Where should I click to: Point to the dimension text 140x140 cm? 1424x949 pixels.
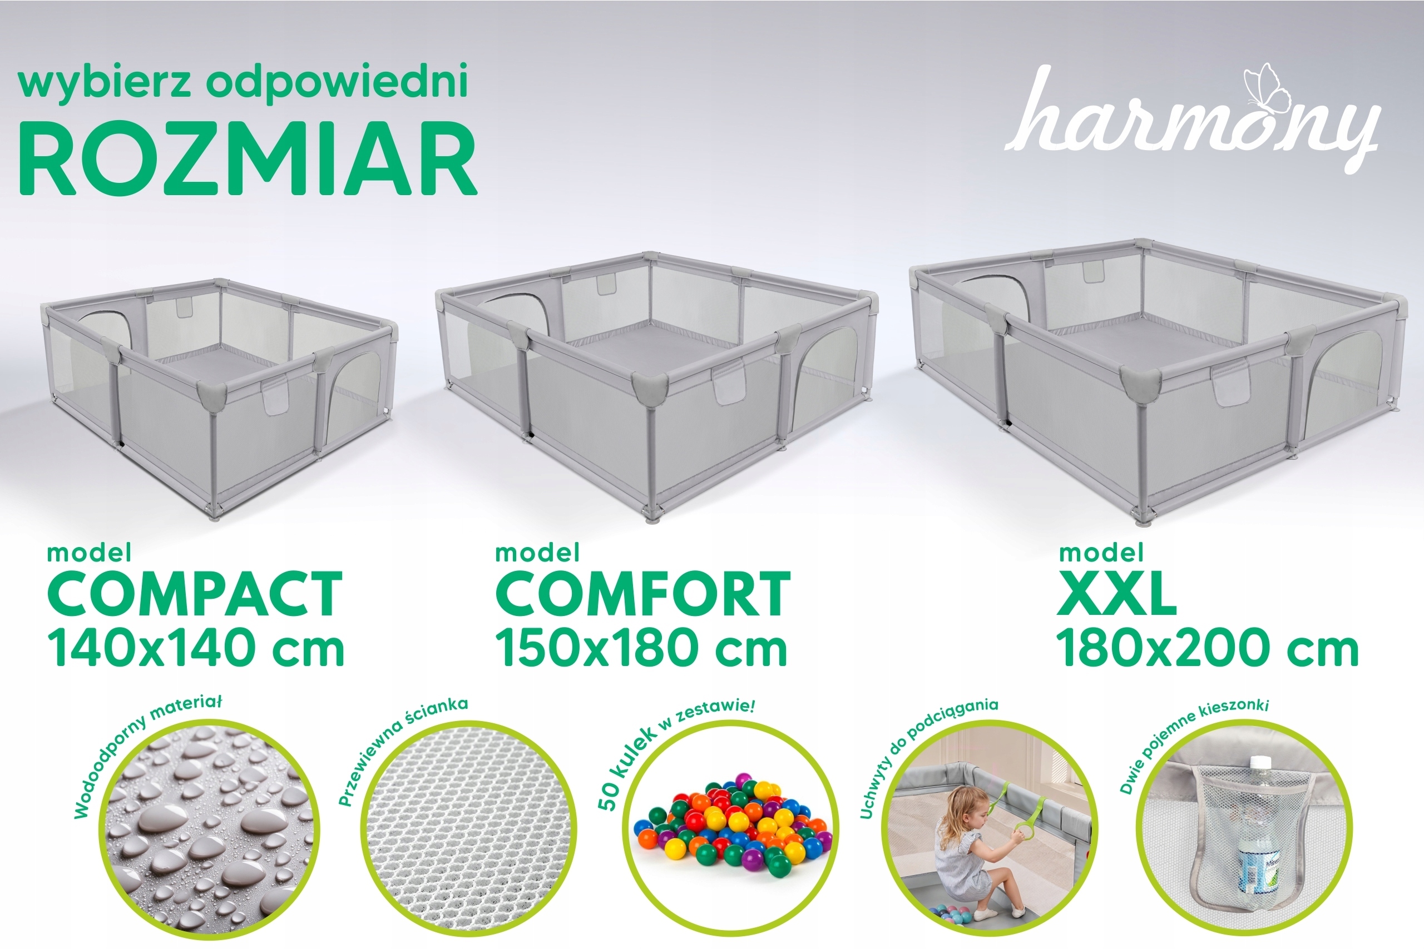click(x=196, y=648)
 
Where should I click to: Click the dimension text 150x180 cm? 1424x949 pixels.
click(x=641, y=648)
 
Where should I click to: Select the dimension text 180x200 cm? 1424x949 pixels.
click(x=1208, y=648)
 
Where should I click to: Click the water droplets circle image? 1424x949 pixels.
click(x=210, y=831)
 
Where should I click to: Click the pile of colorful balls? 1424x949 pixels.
click(x=732, y=820)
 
